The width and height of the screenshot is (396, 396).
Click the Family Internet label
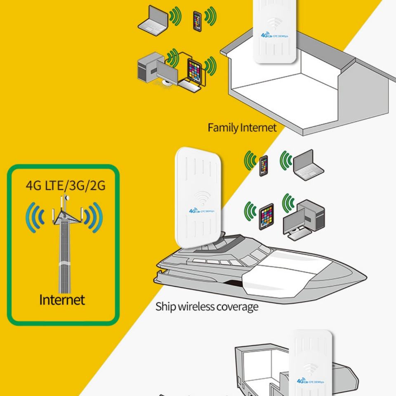click(x=242, y=127)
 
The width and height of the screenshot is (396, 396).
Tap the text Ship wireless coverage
click(x=207, y=306)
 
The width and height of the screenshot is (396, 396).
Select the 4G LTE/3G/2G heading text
click(x=66, y=186)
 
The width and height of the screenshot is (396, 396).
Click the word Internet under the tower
click(x=62, y=299)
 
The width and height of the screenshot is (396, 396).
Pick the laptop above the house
click(x=153, y=19)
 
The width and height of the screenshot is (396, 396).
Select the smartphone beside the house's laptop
click(x=197, y=20)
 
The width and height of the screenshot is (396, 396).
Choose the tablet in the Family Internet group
click(x=194, y=70)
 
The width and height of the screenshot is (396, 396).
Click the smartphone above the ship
click(x=264, y=165)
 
